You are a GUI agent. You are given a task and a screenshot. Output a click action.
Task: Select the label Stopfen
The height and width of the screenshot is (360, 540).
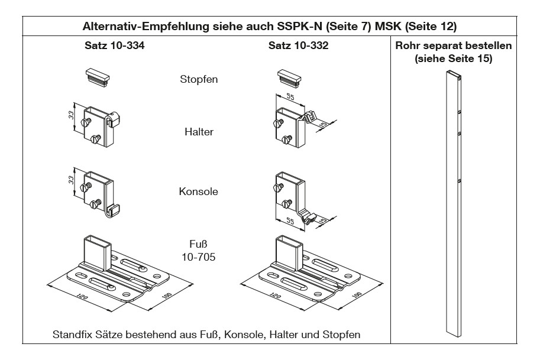tap(199, 79)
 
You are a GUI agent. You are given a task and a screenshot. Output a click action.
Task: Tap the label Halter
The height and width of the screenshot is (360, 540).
tap(199, 132)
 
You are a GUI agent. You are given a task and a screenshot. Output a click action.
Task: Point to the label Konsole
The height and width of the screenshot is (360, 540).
tap(199, 192)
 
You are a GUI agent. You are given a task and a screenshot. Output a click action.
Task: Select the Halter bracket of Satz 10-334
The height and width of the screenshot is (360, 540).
tap(100, 125)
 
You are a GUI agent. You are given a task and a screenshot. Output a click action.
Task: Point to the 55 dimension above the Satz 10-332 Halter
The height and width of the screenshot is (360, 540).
tap(289, 96)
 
